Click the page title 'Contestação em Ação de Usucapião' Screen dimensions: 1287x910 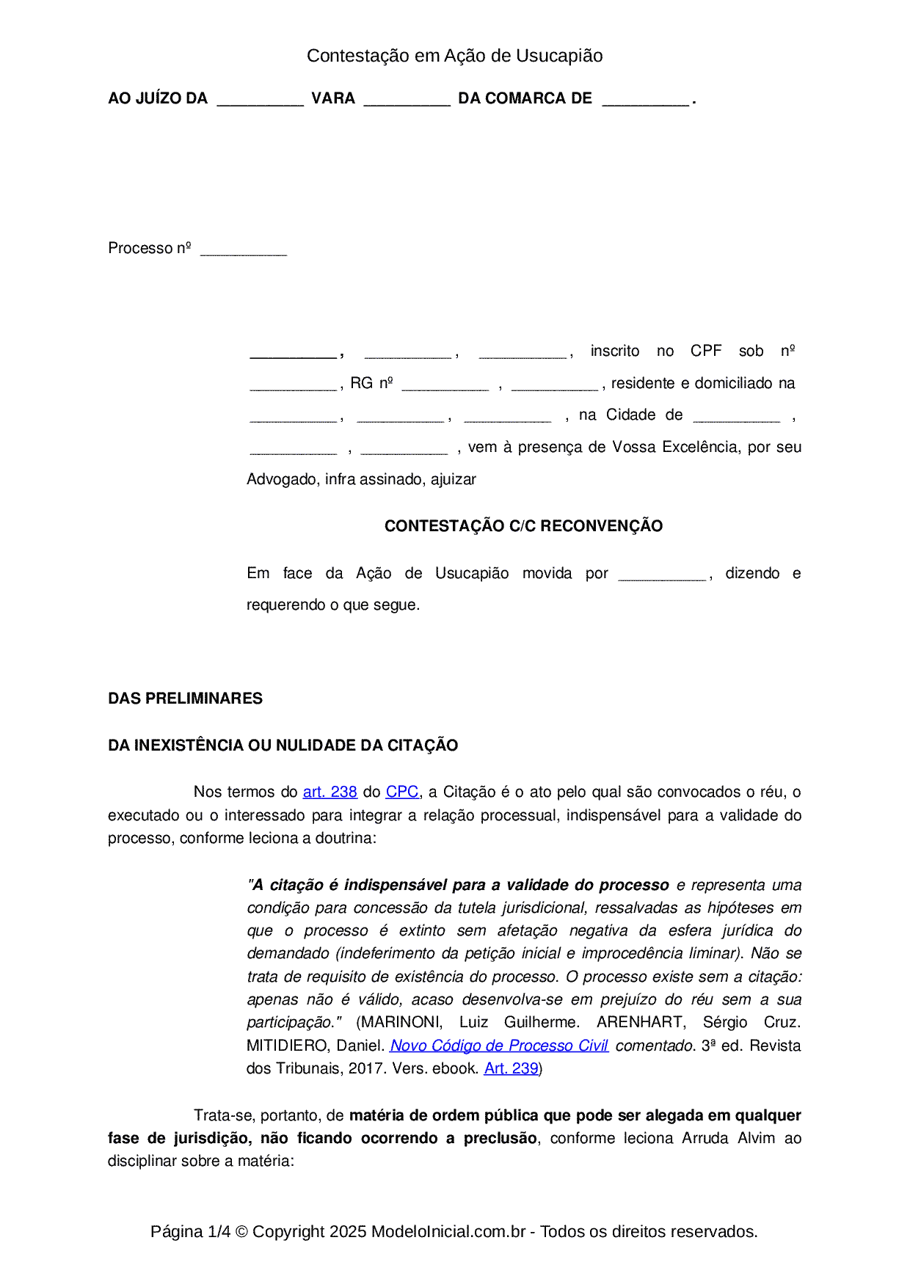click(x=454, y=56)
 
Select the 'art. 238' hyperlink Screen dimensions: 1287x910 click(x=330, y=792)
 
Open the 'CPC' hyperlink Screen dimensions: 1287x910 click(x=402, y=792)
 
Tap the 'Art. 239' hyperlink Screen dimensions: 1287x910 click(x=511, y=1068)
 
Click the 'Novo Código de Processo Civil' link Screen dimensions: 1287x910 click(x=498, y=1046)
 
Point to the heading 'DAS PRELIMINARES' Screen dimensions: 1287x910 click(x=185, y=699)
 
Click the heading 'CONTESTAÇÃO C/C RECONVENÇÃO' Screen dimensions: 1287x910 click(x=523, y=526)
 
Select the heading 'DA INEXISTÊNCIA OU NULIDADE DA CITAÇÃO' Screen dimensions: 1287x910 click(x=283, y=745)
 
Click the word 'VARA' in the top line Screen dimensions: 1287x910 click(x=333, y=98)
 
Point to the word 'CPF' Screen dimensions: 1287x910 click(x=706, y=351)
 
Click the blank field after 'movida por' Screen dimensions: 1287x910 click(x=662, y=576)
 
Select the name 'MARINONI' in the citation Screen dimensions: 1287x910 click(x=399, y=1022)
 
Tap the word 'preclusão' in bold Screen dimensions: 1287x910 click(x=500, y=1138)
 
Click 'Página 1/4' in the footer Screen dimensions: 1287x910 click(x=190, y=1231)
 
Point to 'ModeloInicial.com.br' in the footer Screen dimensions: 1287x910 click(x=448, y=1231)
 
